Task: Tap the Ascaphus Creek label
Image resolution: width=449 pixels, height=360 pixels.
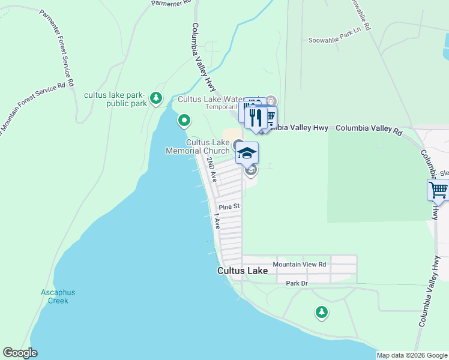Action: coord(58,296)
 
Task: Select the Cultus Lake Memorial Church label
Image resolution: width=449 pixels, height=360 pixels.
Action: coord(198,146)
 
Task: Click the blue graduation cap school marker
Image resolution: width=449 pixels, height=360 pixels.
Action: coord(247,154)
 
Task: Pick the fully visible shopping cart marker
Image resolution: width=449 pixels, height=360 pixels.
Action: coord(439,191)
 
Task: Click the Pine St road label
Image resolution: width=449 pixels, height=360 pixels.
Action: coord(229,206)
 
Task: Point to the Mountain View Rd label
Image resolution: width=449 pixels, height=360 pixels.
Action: coord(299,264)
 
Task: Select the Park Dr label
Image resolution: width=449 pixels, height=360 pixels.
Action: coord(297,283)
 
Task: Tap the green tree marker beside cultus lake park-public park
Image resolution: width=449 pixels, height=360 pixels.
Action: coord(156,97)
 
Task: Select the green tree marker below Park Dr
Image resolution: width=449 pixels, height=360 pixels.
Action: coord(322,312)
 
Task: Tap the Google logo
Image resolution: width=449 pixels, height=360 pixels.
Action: coord(20,353)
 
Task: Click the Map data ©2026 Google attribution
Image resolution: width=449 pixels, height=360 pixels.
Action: coord(411,355)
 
